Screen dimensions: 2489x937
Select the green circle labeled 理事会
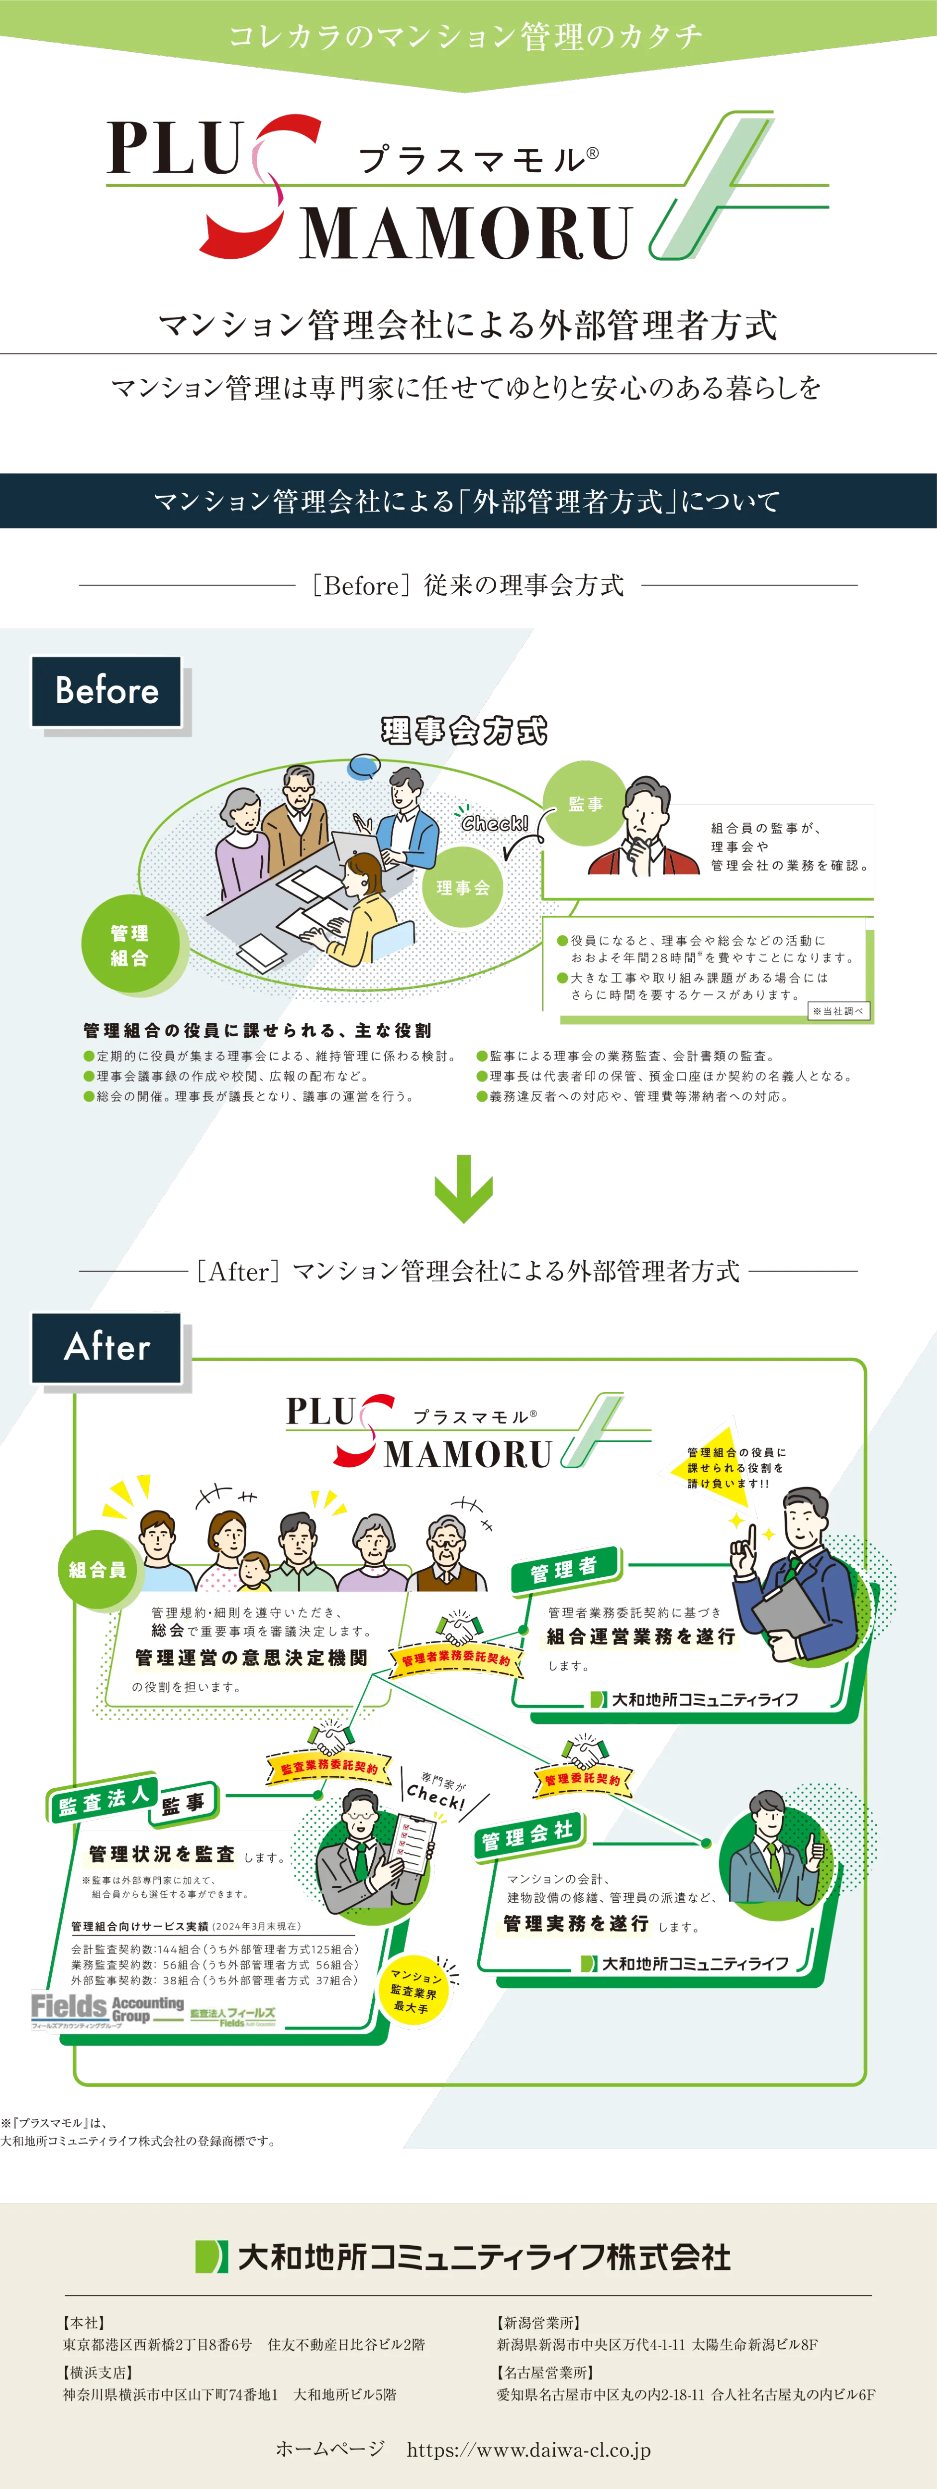[x=463, y=887]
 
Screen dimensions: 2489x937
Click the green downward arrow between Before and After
[x=464, y=1189]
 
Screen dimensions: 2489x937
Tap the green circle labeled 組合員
[x=98, y=1569]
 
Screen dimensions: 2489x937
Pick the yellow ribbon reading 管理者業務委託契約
[x=456, y=1658]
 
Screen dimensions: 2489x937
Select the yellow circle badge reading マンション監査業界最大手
[x=416, y=1992]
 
